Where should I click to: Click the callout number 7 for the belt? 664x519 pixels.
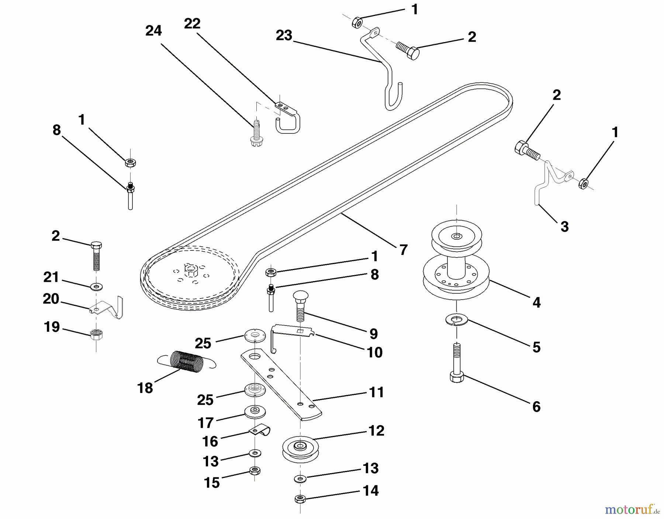pos(404,250)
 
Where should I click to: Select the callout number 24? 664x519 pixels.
pos(153,31)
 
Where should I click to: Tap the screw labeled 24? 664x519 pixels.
pos(256,132)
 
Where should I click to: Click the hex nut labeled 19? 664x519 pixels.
pos(96,334)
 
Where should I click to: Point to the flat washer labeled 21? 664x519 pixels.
pos(97,286)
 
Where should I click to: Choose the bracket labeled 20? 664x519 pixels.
pos(107,307)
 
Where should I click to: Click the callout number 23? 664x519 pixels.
pos(284,36)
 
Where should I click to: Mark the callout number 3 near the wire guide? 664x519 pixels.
pos(564,226)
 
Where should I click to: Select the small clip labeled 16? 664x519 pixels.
pos(260,430)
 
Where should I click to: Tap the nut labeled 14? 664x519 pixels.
pos(300,499)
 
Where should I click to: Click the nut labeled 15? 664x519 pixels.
pos(255,471)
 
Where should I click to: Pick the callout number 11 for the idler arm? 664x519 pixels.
pos(376,392)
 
